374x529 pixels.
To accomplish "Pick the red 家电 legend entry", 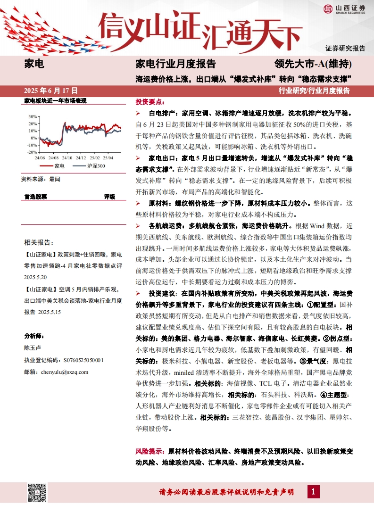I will pyautogui.click(x=54, y=166).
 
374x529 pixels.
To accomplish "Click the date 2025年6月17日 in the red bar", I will pyautogui.click(x=50, y=90).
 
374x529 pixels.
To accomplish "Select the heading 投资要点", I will pyautogui.click(x=150, y=102).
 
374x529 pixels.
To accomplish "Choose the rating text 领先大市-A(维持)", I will pyautogui.click(x=313, y=64).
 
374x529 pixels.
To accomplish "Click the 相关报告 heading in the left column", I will pyautogui.click(x=38, y=242).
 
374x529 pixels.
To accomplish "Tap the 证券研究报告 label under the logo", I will pyautogui.click(x=345, y=48).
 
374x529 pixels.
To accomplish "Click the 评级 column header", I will pyautogui.click(x=109, y=196).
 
